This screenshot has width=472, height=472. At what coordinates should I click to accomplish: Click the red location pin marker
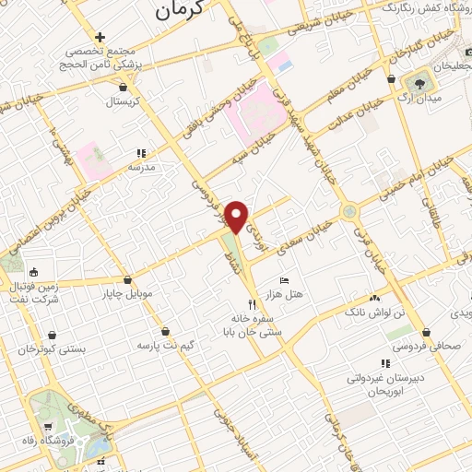tap(237, 217)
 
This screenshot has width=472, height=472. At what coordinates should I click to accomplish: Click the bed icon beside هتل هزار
tap(284, 279)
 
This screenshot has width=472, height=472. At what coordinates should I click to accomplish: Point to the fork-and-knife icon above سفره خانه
tap(252, 304)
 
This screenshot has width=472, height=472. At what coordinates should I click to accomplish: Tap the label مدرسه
tap(141, 167)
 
